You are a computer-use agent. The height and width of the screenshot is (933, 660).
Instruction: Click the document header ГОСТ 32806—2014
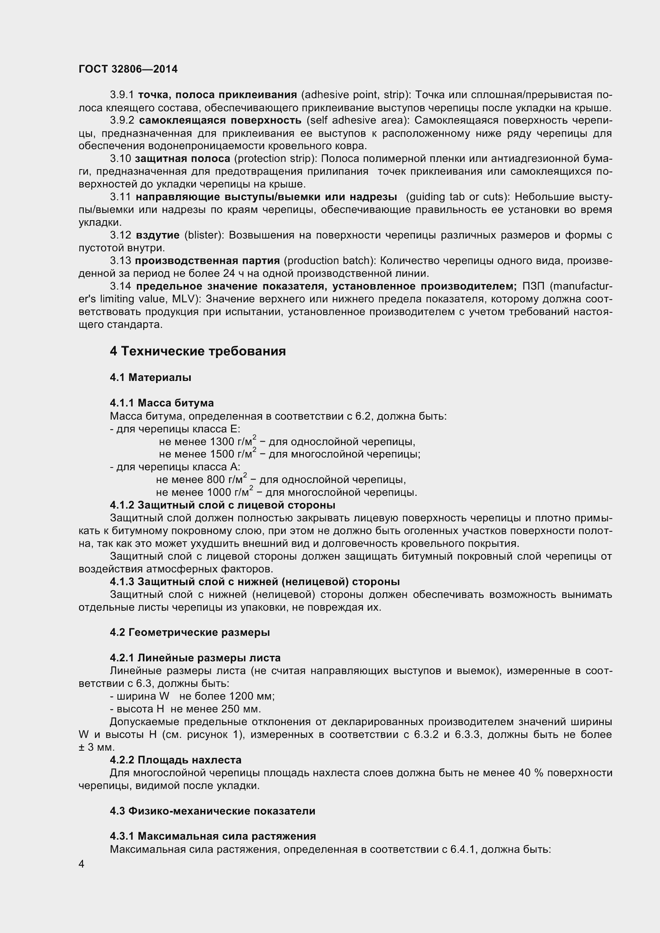[x=128, y=69]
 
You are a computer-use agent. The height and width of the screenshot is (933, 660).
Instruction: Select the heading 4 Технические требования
[x=198, y=351]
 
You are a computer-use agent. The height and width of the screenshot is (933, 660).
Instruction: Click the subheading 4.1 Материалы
[x=150, y=377]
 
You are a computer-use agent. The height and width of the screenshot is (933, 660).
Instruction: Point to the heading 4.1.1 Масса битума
[x=162, y=403]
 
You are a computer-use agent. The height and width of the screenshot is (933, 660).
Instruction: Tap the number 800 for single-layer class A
[x=214, y=480]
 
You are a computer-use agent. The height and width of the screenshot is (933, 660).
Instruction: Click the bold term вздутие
[x=158, y=235]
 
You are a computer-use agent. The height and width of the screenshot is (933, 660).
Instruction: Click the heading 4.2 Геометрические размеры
[x=190, y=632]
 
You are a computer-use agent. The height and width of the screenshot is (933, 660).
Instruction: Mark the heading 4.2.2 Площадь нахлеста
[x=176, y=760]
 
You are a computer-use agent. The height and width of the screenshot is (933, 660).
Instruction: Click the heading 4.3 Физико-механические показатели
[x=213, y=811]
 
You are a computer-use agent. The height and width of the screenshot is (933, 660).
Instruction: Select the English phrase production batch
[x=330, y=261]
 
